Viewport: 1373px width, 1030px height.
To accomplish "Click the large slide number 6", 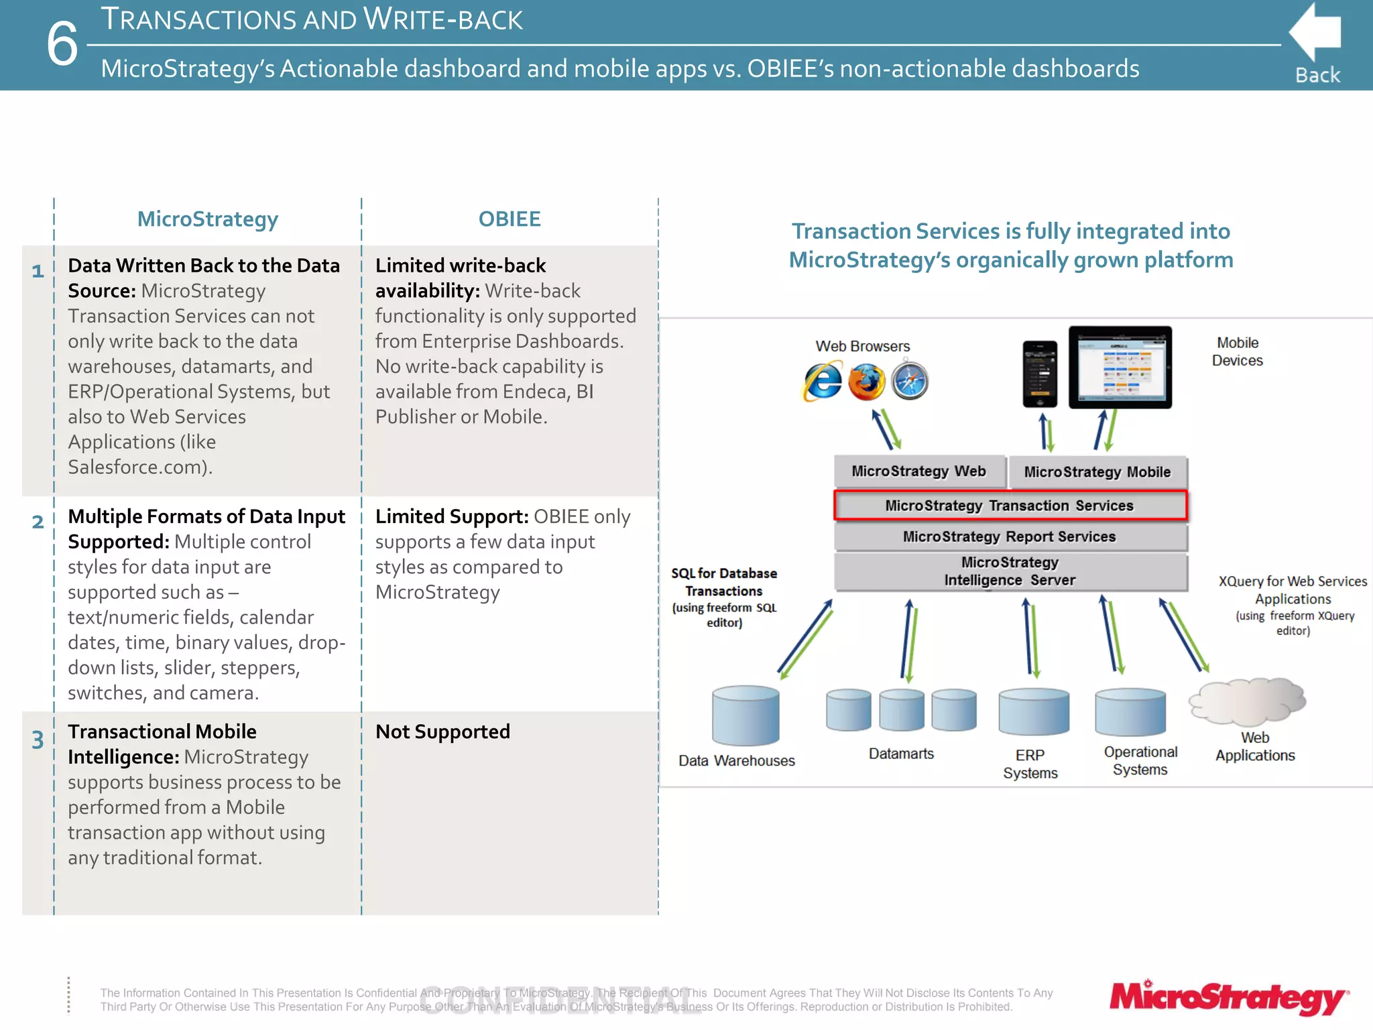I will point(62,44).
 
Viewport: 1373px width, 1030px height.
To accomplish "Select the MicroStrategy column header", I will point(207,219).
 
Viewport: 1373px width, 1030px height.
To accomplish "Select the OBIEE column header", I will point(509,219).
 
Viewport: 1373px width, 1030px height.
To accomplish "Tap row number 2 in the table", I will point(38,522).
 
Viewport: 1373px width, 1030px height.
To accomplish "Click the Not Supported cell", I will point(442,732).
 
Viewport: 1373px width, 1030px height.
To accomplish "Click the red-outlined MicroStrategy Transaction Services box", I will point(1010,506).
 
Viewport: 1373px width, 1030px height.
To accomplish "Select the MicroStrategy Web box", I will point(918,471).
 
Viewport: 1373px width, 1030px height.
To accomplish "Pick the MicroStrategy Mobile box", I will point(1097,472).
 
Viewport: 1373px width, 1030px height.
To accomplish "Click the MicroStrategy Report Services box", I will point(1010,537).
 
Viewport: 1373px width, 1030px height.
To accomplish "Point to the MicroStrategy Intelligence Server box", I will point(1010,571).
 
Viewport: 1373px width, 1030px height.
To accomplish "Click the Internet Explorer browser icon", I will point(823,382).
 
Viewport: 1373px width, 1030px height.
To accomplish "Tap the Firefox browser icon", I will point(866,382).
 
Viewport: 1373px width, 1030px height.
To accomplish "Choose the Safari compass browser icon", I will point(910,382).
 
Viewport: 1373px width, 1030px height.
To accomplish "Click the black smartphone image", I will point(1039,374).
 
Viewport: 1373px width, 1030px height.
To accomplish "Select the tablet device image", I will point(1120,367).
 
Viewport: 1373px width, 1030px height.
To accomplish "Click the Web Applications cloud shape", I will point(1248,701).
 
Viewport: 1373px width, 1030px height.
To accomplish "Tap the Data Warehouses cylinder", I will point(745,716).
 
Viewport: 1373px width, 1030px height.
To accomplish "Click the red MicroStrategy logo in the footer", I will point(1228,998).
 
